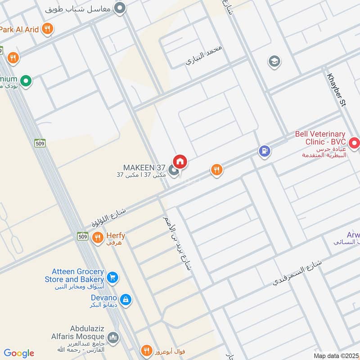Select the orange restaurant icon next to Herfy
tap(98, 237)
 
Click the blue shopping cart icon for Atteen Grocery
tap(112, 278)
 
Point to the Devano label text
tap(103, 298)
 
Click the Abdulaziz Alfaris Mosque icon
tap(113, 337)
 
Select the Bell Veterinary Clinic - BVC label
tap(320, 138)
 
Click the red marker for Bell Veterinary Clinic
tap(355, 143)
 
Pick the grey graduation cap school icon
tap(274, 62)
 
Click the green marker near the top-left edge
tap(27, 81)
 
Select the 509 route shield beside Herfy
tap(82, 236)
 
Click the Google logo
tap(19, 353)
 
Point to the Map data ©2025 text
tap(335, 355)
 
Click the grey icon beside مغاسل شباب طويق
tap(119, 8)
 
